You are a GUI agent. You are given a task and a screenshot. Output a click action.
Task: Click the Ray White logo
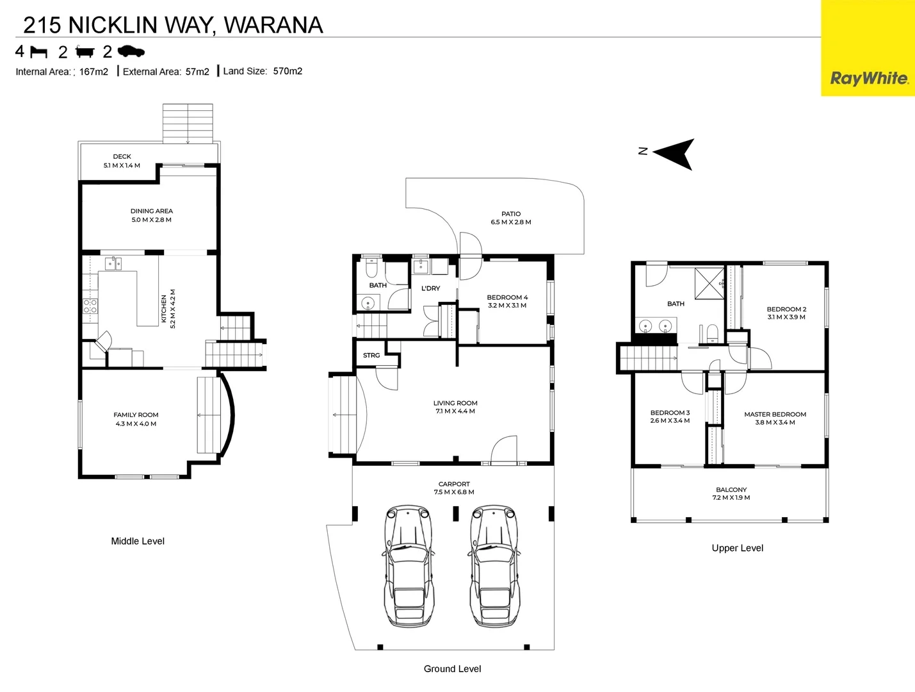tap(868, 78)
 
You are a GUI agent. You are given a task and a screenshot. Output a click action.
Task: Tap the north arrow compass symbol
tap(675, 154)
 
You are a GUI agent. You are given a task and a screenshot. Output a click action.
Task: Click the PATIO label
tap(511, 214)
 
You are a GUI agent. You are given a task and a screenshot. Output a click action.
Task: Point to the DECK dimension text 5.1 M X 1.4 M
tap(122, 165)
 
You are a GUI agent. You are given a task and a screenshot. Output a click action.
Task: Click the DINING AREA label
tap(152, 211)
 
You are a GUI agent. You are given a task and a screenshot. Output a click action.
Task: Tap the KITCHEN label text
tap(164, 309)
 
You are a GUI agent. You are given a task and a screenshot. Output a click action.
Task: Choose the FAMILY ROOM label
tap(136, 415)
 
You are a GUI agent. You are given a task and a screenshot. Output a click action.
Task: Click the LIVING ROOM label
tap(455, 403)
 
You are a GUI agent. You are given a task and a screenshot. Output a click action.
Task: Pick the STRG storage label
tap(371, 355)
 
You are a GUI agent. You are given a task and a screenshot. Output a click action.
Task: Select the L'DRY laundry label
tap(431, 288)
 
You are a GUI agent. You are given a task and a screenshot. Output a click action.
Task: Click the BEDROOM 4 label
tap(507, 297)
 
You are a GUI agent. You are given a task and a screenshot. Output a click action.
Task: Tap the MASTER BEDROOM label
tap(775, 414)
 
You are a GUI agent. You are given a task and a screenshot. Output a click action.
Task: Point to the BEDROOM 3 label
tap(670, 413)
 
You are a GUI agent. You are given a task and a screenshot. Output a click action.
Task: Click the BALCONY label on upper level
tap(731, 490)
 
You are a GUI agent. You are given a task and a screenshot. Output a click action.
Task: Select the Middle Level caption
tap(138, 541)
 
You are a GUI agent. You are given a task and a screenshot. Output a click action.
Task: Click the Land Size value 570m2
tap(287, 71)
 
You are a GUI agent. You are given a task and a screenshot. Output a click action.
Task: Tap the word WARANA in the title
tap(273, 25)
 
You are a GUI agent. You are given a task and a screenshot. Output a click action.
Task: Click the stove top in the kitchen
tap(90, 306)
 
